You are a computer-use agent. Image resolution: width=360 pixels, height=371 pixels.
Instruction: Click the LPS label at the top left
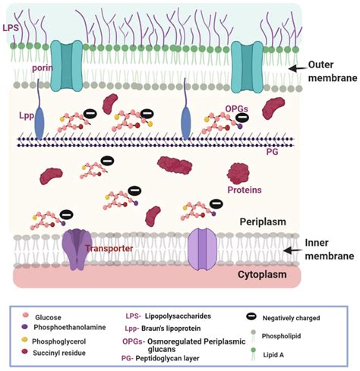pos(11,27)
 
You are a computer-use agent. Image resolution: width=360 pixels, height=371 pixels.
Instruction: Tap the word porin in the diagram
pos(43,68)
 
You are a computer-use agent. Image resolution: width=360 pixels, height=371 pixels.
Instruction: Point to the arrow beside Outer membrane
pos(297,68)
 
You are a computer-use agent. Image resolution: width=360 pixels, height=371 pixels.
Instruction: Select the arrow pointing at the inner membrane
pos(292,250)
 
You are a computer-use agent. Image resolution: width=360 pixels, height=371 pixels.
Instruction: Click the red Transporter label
pos(109,248)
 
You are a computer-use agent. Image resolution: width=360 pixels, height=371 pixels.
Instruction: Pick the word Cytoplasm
pos(262,275)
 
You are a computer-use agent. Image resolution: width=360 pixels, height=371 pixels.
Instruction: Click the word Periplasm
pos(263,222)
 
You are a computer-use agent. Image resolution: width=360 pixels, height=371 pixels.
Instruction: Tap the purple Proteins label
pos(245,190)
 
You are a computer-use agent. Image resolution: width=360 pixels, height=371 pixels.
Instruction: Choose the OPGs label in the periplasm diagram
pos(236,109)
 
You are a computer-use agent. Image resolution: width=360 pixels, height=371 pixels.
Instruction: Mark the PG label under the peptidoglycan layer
pos(272,152)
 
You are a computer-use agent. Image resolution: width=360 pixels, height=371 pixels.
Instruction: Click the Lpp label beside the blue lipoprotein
pos(27,115)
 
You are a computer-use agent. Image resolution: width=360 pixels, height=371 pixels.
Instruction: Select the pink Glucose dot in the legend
pos(25,315)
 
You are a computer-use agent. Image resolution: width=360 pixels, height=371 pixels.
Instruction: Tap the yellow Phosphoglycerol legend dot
pos(24,340)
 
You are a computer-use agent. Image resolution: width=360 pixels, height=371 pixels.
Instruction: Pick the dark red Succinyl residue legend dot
pos(24,351)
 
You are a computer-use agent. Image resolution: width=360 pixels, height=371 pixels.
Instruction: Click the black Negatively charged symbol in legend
pos(251,316)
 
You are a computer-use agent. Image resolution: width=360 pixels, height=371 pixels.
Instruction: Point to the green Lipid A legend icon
pos(253,355)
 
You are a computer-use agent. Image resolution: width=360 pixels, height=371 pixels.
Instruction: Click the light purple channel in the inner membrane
pos(203,249)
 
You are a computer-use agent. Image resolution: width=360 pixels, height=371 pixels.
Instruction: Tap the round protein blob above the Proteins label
pos(238,174)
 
